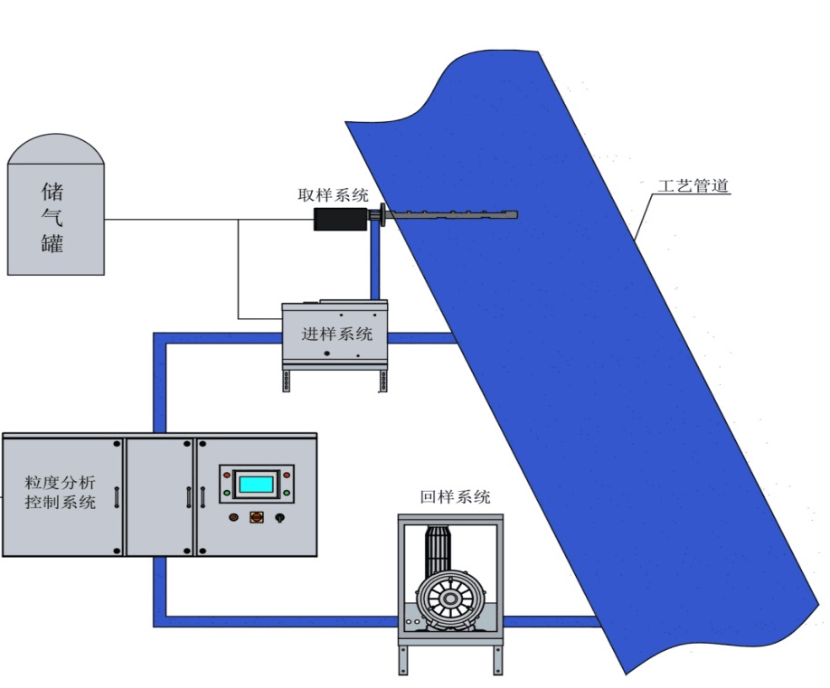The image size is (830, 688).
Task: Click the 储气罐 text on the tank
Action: tap(54, 217)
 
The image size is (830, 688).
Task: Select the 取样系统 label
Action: tap(334, 194)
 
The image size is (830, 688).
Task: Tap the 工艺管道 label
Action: tap(693, 187)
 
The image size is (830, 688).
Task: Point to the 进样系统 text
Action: tap(336, 334)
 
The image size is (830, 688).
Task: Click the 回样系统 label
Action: tap(455, 496)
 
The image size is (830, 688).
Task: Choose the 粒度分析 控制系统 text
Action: tap(60, 492)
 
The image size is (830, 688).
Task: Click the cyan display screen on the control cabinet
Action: tap(255, 484)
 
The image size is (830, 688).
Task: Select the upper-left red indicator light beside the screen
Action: tap(227, 474)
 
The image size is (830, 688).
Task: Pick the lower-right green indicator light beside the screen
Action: tap(287, 493)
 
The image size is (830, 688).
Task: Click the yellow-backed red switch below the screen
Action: tap(256, 517)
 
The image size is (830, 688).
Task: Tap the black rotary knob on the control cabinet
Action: tap(279, 517)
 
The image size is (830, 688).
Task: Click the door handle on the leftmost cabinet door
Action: tap(117, 496)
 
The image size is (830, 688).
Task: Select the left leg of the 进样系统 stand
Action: tap(288, 381)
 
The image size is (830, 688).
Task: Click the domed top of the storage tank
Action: tap(55, 149)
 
